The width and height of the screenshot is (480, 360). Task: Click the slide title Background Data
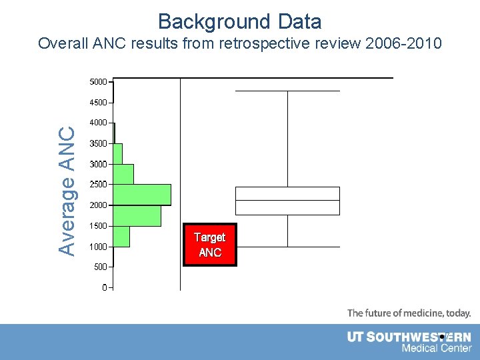(240, 21)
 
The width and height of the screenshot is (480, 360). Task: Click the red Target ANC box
(210, 245)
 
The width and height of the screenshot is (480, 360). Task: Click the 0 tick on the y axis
(105, 287)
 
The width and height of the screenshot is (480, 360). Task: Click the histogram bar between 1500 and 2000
(137, 215)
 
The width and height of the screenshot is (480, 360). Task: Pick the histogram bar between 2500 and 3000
(123, 174)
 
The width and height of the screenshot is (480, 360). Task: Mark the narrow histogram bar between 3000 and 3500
(117, 153)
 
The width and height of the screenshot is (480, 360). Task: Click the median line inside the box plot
(287, 200)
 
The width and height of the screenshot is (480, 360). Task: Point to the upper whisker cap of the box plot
(287, 91)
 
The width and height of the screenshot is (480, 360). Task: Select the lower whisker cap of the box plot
(287, 247)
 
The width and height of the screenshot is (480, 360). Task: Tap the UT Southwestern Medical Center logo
(409, 342)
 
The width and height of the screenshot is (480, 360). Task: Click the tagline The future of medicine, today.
(409, 313)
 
